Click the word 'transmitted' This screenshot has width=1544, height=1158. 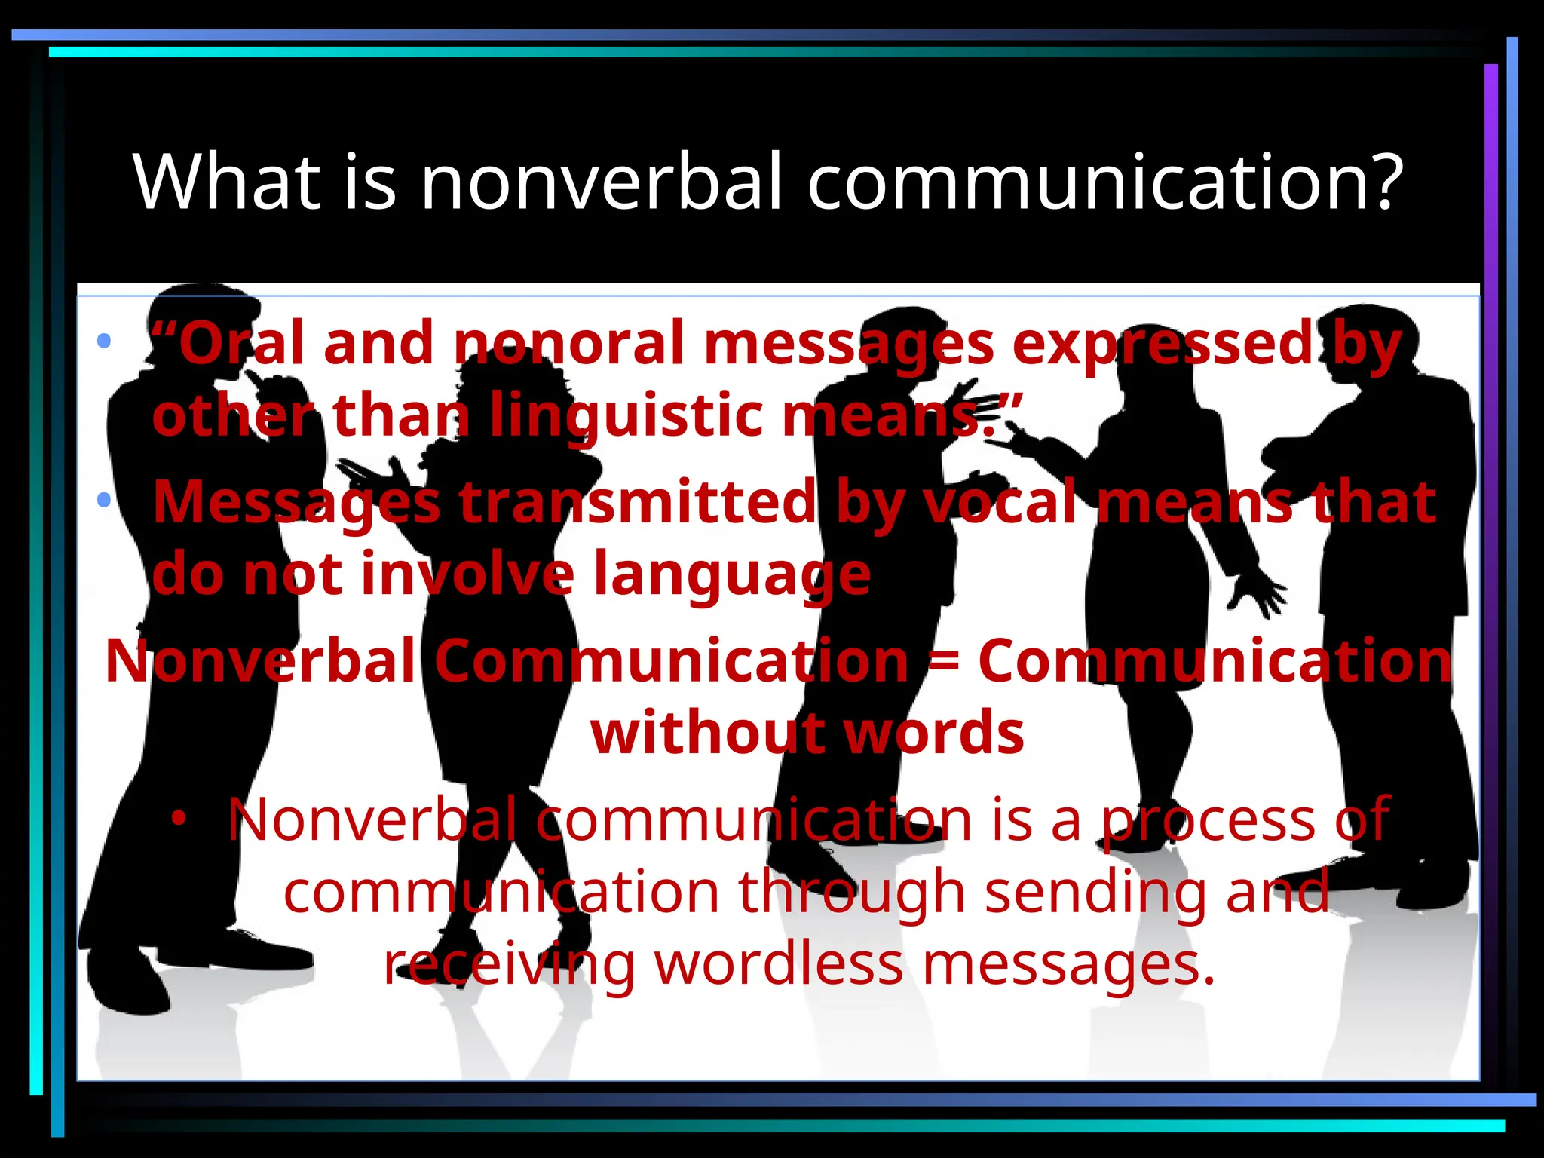click(x=637, y=502)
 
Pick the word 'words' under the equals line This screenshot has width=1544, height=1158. click(x=933, y=733)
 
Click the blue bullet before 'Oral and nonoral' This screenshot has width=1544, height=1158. click(x=104, y=341)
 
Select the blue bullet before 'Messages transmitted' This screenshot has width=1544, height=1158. click(x=104, y=499)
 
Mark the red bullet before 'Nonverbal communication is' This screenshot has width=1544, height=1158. click(x=178, y=817)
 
